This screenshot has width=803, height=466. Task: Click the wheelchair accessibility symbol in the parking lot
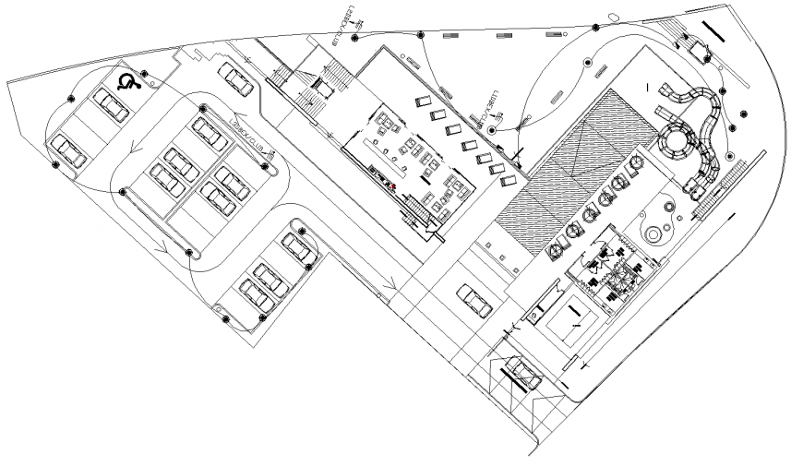(x=129, y=82)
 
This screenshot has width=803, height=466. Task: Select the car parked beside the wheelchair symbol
(x=112, y=107)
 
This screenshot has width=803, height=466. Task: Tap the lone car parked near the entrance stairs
(x=235, y=79)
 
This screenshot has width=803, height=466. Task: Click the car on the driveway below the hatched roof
(x=475, y=301)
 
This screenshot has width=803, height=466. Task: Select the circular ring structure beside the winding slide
(x=679, y=143)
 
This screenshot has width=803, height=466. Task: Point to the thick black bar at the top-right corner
(x=714, y=32)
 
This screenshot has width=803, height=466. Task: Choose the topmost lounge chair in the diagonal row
(x=423, y=102)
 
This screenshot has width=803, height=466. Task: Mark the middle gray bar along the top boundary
(x=504, y=35)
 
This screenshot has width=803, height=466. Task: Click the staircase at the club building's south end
(x=421, y=217)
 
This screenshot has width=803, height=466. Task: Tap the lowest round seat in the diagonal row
(x=557, y=248)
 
